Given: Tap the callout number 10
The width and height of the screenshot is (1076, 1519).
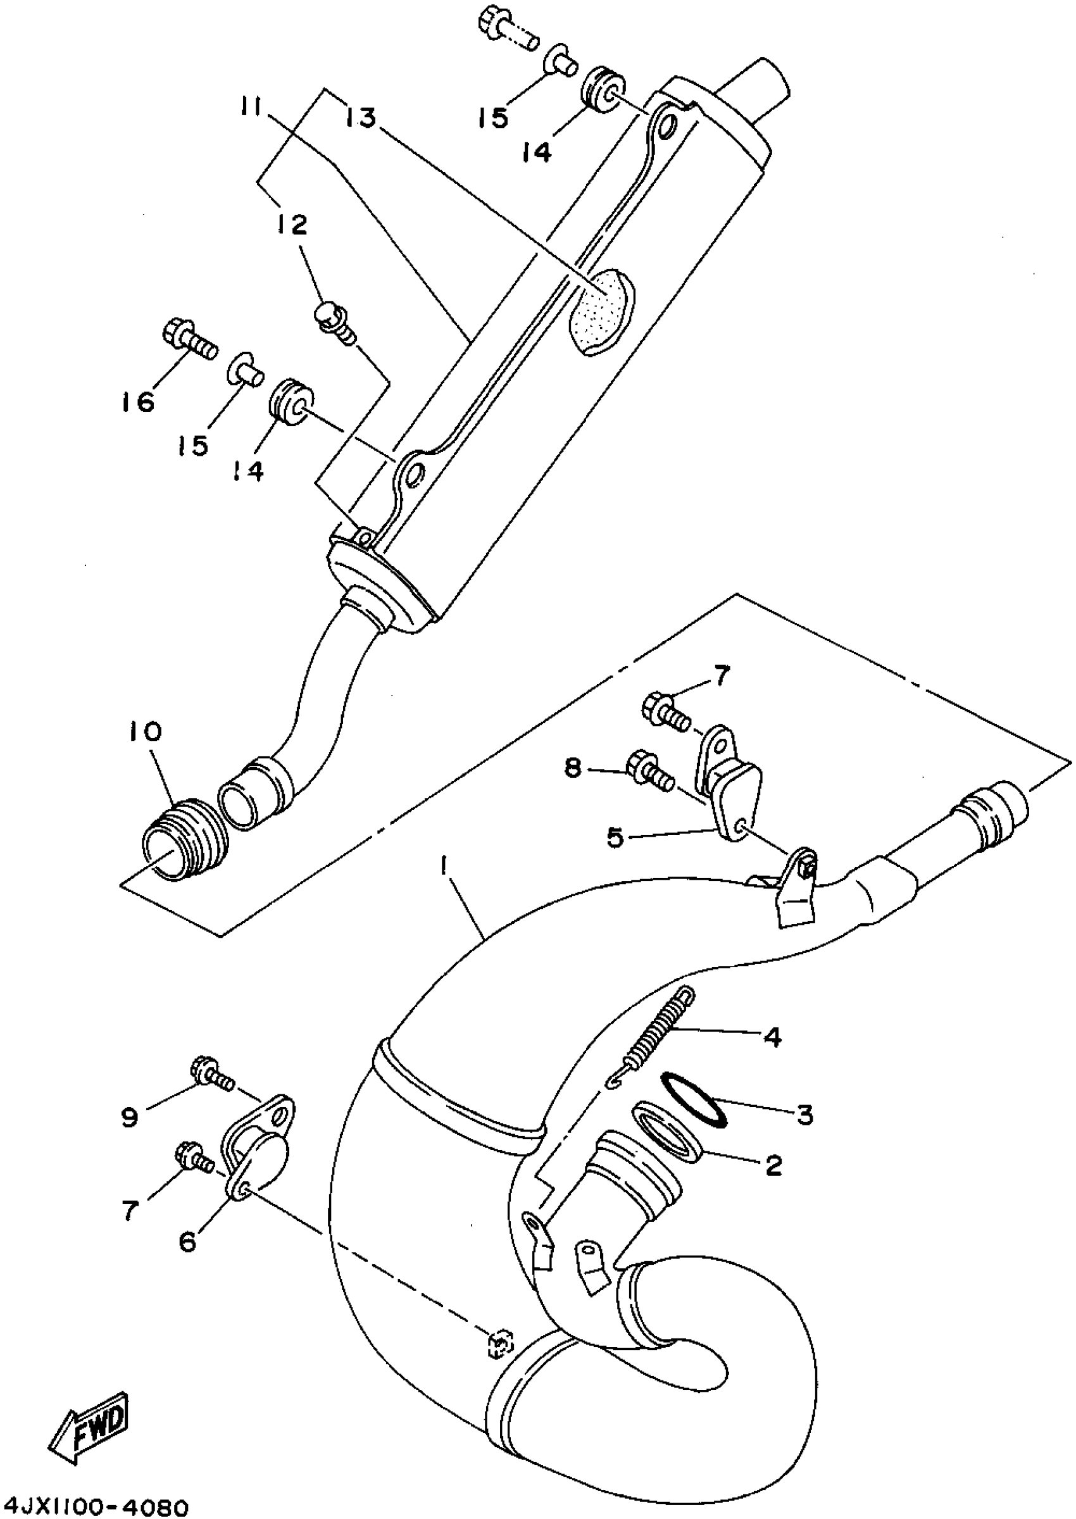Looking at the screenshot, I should pos(145,732).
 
